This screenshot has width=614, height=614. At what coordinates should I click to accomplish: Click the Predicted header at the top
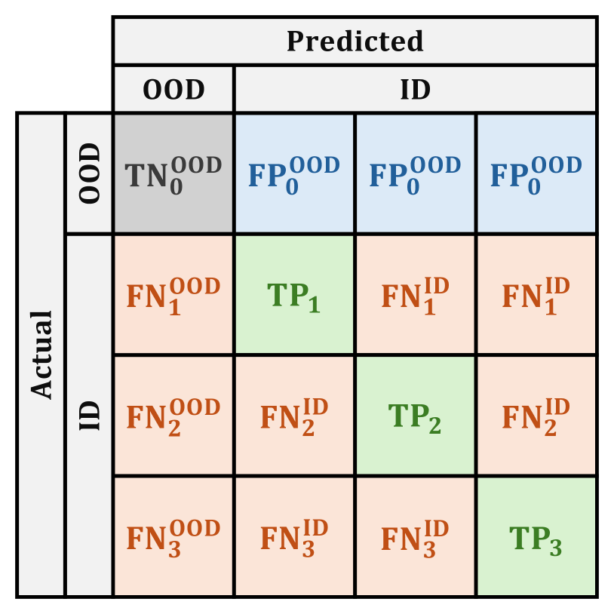355,41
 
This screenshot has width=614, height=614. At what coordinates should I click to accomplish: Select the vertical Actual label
41,355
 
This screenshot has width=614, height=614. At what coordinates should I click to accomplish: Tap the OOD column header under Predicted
173,90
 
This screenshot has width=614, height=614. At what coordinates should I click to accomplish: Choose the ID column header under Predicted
415,90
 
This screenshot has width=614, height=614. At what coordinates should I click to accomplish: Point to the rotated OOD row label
89,173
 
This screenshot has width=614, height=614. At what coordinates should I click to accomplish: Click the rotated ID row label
89,415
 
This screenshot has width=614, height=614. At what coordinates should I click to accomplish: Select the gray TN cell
173,173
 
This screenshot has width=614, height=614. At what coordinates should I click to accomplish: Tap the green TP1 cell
294,295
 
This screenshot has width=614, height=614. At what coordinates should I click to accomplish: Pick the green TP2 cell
415,416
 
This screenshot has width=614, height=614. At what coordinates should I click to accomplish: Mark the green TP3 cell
536,536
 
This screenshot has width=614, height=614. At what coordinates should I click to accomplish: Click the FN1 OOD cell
173,295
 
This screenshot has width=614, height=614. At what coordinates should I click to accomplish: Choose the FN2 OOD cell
173,416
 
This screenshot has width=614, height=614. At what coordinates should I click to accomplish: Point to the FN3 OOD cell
173,536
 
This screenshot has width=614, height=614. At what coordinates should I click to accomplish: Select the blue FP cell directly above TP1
294,173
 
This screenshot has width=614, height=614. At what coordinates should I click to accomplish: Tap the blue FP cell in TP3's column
536,173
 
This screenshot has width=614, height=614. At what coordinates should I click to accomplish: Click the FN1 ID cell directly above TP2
415,295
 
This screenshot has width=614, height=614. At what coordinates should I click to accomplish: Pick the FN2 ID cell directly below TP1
294,416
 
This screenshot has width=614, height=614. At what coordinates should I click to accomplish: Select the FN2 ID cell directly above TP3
536,416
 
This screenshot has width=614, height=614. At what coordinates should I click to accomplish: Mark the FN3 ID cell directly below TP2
415,536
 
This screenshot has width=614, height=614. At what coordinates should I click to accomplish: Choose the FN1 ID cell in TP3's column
536,295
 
